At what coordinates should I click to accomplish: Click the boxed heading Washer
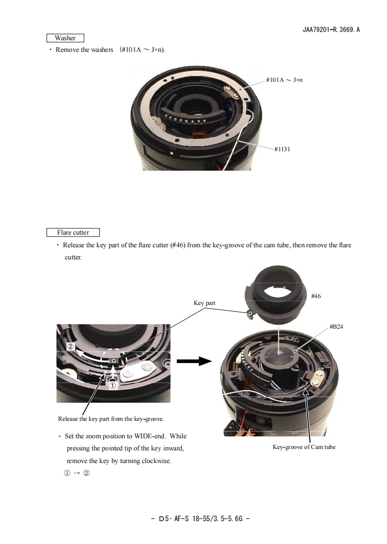click(65, 38)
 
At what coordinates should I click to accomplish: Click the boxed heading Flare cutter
click(73, 232)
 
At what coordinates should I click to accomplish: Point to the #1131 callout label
click(282, 149)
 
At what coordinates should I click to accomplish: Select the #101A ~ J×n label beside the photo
click(284, 80)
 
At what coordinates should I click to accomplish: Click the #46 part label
click(316, 295)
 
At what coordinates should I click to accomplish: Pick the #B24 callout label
click(336, 327)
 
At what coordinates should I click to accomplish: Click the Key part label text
click(204, 303)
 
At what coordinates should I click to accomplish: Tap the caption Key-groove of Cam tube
click(304, 447)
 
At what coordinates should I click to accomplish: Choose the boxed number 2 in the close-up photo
click(71, 347)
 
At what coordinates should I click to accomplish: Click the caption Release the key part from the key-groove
click(111, 418)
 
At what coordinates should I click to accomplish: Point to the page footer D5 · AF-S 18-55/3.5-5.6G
click(200, 518)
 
